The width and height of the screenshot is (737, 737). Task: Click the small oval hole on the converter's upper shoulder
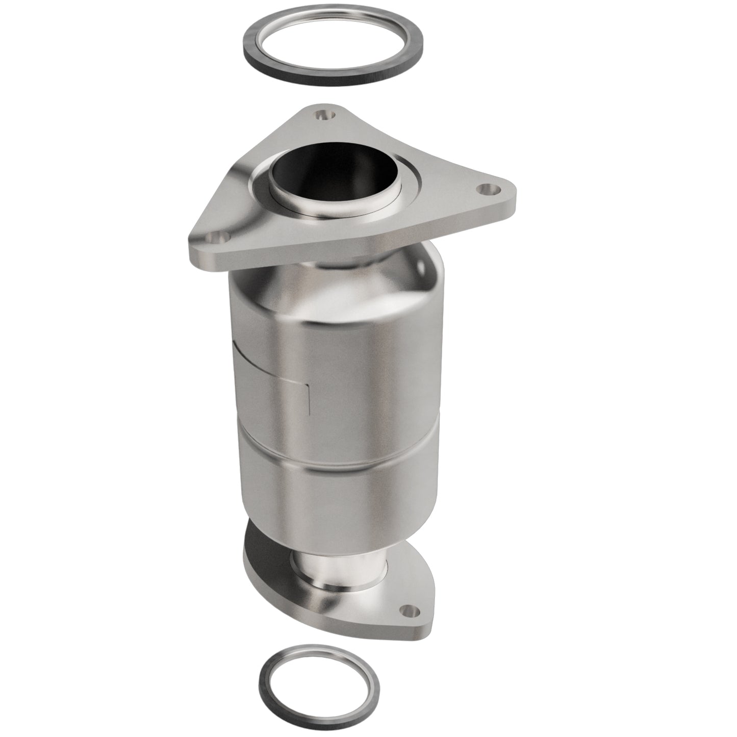pyautogui.click(x=421, y=266)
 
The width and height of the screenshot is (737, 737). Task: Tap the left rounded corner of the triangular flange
pyautogui.click(x=196, y=245)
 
